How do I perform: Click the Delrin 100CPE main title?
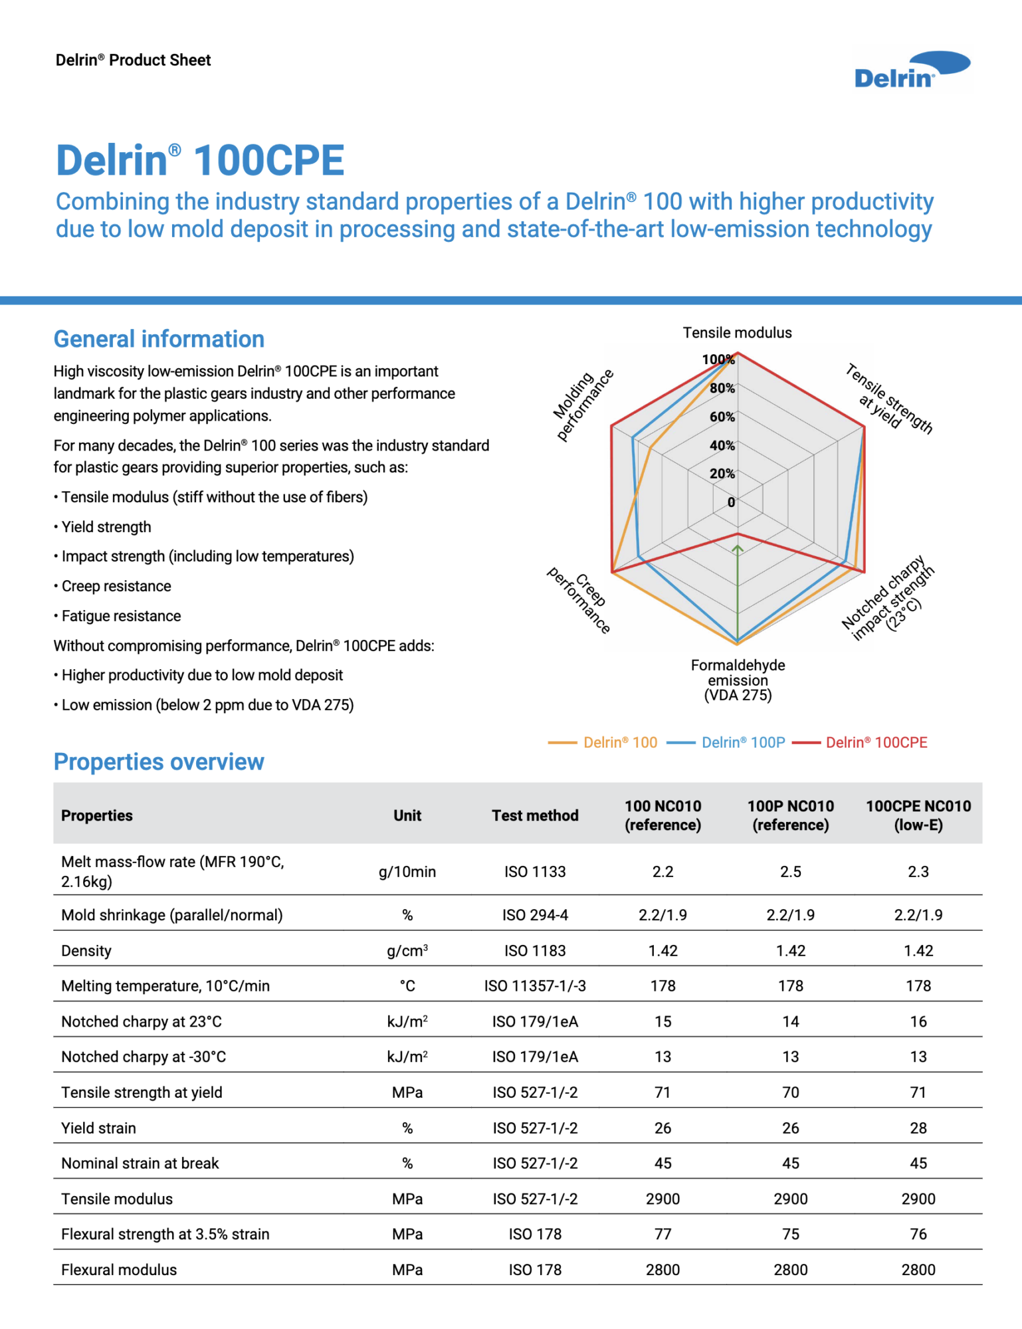pos(200,160)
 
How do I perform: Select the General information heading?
pos(159,339)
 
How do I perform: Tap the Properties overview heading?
pos(159,762)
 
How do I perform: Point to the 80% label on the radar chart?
pos(722,388)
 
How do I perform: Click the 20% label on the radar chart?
pos(722,474)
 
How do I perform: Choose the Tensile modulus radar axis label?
pos(737,333)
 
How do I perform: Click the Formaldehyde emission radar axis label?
pos(738,680)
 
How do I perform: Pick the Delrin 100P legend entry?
pos(727,742)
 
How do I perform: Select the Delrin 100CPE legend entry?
pos(861,742)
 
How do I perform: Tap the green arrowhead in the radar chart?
pos(737,549)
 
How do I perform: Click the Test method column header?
pos(535,815)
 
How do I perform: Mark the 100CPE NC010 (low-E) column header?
pos(918,815)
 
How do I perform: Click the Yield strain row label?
pos(98,1128)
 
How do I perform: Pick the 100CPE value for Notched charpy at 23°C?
pos(918,1021)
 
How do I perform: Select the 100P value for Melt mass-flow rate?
pos(790,872)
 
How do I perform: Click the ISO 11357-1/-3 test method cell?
pos(535,986)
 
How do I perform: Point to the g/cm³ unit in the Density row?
pos(407,951)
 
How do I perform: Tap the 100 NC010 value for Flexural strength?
pos(663,1234)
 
